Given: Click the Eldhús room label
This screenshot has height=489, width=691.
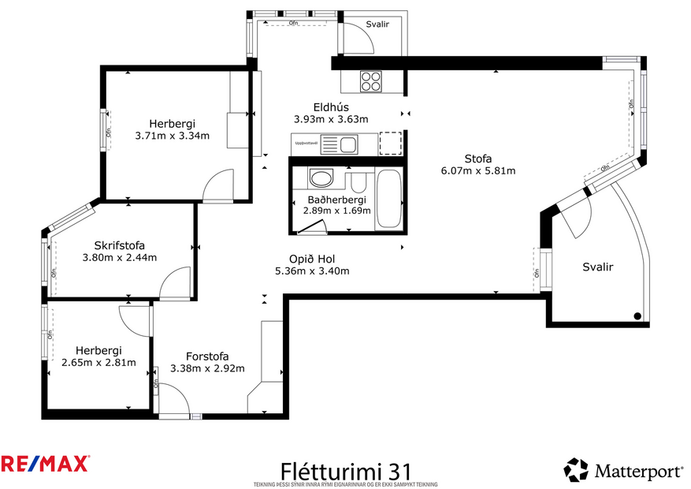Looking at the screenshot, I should [331, 107].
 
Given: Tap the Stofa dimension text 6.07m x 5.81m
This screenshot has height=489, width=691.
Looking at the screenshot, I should [478, 170].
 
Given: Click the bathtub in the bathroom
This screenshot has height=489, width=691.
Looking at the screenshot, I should [389, 199].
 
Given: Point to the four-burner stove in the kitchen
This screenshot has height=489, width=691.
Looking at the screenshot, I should [371, 80].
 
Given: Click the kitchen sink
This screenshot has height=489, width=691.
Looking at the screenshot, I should [347, 144].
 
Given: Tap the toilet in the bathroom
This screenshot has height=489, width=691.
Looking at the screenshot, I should [358, 184].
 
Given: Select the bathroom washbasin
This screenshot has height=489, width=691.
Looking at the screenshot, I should [321, 178].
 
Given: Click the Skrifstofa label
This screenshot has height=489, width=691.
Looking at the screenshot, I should [120, 245].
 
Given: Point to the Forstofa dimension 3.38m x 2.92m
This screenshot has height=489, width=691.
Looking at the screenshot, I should [207, 368].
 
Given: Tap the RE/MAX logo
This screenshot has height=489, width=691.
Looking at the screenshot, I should [45, 464].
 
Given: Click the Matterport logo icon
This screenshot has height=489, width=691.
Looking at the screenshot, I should [576, 470].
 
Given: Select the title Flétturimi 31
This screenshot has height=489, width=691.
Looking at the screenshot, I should [346, 470].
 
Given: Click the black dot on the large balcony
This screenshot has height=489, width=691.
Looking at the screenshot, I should [637, 316].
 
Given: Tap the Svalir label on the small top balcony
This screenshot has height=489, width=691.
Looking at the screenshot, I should [377, 24].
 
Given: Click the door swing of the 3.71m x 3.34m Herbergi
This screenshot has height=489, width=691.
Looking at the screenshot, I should [215, 188].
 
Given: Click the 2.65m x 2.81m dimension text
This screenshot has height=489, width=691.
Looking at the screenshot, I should [98, 363].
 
